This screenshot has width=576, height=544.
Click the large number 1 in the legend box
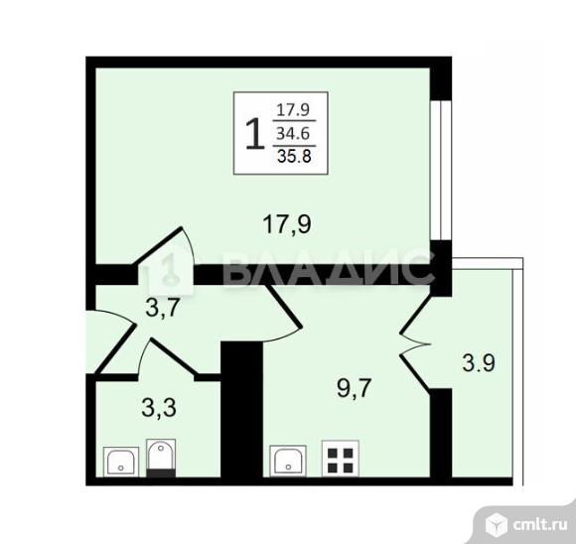coord(255,135)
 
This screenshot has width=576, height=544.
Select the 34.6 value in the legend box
coord(293,134)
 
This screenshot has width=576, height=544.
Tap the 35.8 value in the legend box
coord(294,156)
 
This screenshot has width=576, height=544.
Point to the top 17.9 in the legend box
coord(293,110)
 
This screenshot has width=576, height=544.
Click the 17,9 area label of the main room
coord(287,224)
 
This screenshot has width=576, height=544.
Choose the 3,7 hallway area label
coord(162,308)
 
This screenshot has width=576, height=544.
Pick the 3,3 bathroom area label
coord(159,408)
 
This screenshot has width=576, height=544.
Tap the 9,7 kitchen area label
coord(355,388)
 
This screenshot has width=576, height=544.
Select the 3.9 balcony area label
coord(479,363)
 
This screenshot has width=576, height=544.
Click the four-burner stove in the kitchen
coord(341,458)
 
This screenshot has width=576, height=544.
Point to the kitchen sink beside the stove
coord(288,461)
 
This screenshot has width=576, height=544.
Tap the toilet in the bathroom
coord(161,458)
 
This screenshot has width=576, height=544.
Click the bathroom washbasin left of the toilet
coord(121,462)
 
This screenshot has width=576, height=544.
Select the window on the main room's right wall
coord(440,170)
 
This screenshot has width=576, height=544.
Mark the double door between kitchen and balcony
coord(415,343)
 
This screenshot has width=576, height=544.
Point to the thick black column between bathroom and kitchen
coord(241,409)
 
